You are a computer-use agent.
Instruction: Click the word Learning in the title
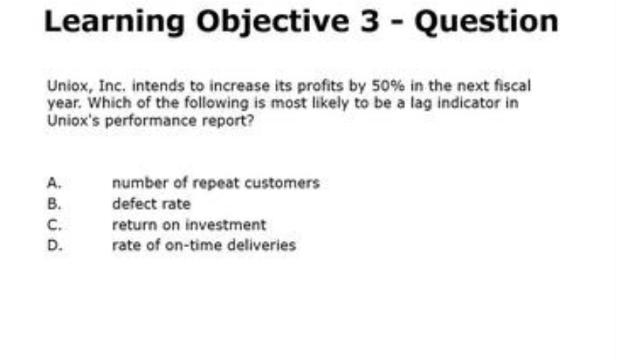[x=115, y=21]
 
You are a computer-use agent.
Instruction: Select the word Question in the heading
[x=486, y=21]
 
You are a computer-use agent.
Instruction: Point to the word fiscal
[x=514, y=87]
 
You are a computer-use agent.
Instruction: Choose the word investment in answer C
[x=231, y=225]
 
